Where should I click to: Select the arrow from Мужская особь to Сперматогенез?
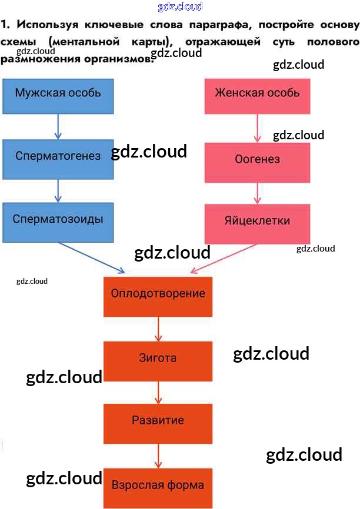[x=58, y=126]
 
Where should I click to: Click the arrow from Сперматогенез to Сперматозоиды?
[x=58, y=189]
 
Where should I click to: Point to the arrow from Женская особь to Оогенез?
[x=257, y=128]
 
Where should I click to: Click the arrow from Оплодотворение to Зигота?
[x=158, y=329]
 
